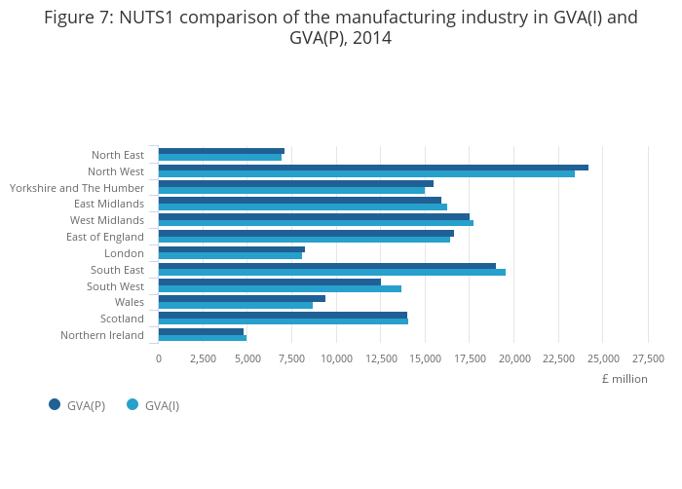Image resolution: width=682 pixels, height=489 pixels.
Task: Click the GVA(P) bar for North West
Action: (x=373, y=168)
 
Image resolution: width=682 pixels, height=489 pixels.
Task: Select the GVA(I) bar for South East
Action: (x=331, y=272)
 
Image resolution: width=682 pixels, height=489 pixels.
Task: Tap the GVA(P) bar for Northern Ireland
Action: (x=201, y=331)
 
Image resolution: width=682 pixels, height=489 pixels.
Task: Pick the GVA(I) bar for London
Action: (x=230, y=256)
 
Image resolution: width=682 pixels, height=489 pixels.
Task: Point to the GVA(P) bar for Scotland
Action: (x=283, y=315)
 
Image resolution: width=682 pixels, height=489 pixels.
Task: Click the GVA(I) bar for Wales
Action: (x=236, y=305)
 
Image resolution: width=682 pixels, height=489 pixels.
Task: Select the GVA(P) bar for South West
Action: (x=270, y=282)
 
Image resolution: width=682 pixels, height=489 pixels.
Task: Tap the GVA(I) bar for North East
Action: (x=220, y=158)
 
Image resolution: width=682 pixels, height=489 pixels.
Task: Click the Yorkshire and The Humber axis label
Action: (x=77, y=188)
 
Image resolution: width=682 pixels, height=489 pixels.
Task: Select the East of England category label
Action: (x=105, y=237)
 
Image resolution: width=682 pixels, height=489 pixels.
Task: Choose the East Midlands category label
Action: (x=109, y=204)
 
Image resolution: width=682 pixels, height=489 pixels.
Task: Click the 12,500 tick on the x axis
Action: (x=381, y=358)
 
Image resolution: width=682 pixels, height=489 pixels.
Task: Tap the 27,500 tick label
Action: (x=648, y=358)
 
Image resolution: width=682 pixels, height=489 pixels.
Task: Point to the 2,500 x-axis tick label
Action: (x=203, y=358)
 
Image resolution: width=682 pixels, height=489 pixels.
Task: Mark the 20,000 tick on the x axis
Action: (x=514, y=358)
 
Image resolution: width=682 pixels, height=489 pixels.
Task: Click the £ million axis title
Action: (x=625, y=379)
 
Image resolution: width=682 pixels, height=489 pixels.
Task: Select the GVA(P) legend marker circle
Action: (x=55, y=405)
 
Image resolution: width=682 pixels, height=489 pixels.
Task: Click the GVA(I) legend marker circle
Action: (x=133, y=405)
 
